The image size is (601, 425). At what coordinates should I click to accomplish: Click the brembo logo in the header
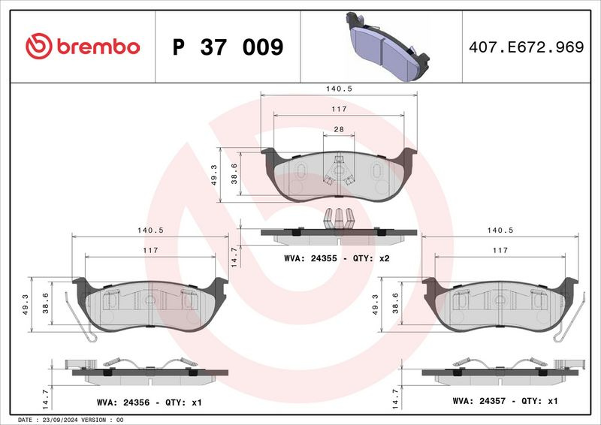tap(83, 47)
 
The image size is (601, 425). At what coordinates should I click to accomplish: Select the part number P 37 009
tap(228, 47)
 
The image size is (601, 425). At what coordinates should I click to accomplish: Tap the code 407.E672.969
tap(527, 47)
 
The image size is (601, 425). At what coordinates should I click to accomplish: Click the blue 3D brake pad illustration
tap(388, 46)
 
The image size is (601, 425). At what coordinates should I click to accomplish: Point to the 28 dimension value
tap(339, 130)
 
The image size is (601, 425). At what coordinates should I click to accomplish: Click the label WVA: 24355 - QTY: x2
tap(337, 258)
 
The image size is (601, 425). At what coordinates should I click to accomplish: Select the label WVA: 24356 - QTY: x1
tap(149, 402)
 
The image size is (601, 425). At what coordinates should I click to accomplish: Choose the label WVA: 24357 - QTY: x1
tap(505, 401)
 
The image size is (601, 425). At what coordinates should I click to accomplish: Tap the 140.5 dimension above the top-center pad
tap(339, 89)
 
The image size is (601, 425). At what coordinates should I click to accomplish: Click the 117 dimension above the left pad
tap(150, 250)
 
